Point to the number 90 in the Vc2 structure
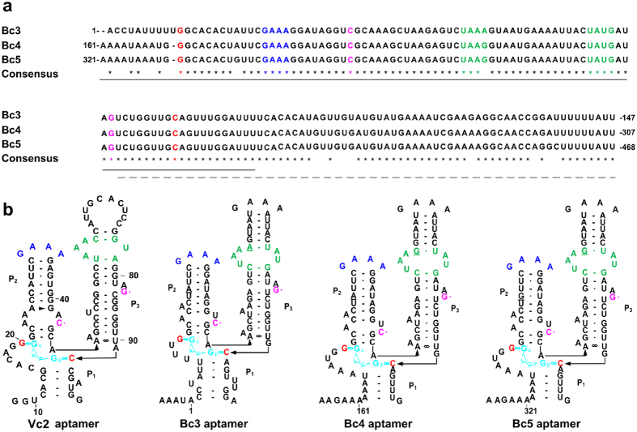134,331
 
